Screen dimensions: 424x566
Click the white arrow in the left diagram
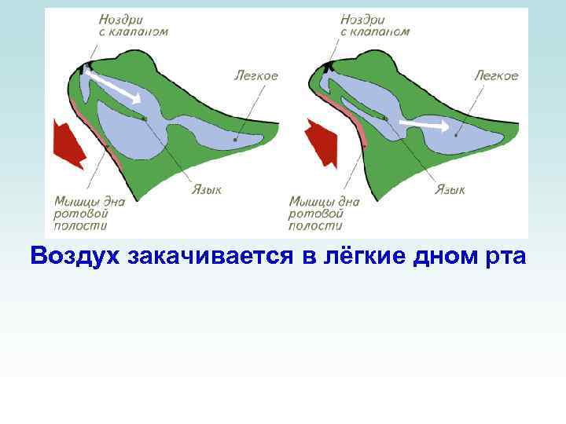tap(115, 86)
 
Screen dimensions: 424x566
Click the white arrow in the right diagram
tap(424, 125)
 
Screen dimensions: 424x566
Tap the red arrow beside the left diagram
tap(69, 143)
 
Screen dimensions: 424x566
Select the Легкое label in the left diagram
tap(255, 75)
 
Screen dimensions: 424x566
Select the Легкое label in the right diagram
tap(496, 75)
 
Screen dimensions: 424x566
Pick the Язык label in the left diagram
tap(207, 189)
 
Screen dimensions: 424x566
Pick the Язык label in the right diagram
tap(450, 189)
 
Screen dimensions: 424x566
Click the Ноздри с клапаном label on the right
tap(375, 25)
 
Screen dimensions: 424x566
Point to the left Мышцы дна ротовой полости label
tap(89, 213)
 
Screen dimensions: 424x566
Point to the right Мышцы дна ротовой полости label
tap(325, 213)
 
